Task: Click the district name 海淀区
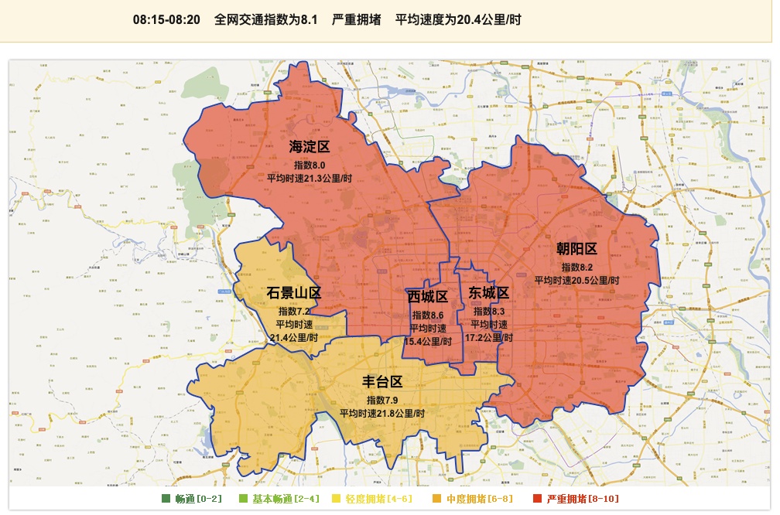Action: pos(310,147)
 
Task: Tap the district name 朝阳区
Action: pos(576,248)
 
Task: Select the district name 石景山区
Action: pos(293,293)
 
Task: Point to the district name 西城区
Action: pos(428,297)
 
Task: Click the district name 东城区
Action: pos(489,293)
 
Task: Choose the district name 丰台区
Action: pos(383,382)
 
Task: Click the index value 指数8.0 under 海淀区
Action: pos(310,165)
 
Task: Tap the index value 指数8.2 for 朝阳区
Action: pos(576,267)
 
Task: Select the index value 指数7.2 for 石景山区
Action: pos(293,311)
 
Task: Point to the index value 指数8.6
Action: pos(428,315)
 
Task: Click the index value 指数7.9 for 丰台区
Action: pos(382,400)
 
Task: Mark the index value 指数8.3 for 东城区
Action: pos(489,311)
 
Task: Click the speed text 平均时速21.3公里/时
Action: pos(310,178)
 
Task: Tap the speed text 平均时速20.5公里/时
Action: pos(576,280)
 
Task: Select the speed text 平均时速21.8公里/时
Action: pos(382,413)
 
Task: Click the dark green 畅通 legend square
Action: pos(166,499)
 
